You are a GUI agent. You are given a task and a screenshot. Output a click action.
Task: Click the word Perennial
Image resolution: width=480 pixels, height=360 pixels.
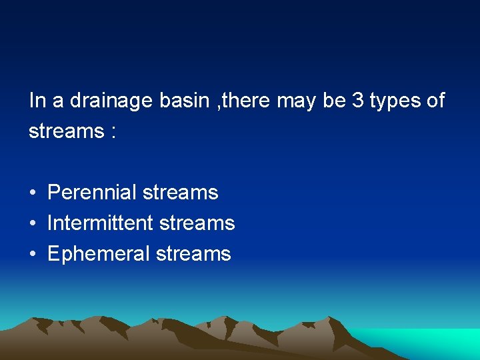point(91,193)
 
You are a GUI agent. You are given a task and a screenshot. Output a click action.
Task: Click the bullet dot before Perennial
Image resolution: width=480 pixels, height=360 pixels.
point(32,193)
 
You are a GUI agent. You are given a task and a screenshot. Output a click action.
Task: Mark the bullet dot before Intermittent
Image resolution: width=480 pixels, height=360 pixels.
point(32,224)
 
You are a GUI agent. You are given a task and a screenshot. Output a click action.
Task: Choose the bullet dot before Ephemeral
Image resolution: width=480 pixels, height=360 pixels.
point(32,255)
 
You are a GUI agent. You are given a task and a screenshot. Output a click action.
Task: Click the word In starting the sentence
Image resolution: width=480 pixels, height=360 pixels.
point(37,101)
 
